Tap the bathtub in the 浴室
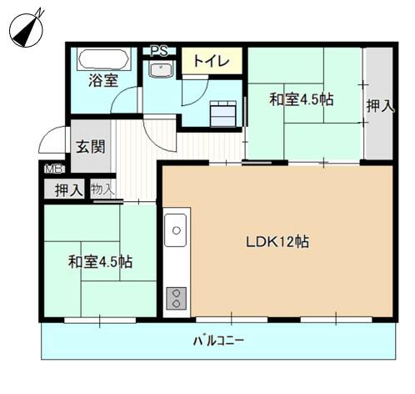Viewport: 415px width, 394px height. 103,60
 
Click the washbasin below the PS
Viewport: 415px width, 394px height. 162,70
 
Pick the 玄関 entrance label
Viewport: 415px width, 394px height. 91,147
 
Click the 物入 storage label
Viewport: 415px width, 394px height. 102,189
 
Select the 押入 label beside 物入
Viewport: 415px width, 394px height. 68,189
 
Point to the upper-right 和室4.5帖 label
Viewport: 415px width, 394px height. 301,99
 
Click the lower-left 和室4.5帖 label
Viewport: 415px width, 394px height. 99,261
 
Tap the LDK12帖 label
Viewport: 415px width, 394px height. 277,242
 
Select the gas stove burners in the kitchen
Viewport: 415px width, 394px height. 177,298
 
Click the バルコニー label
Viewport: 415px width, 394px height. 218,341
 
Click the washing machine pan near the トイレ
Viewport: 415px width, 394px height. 223,112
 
